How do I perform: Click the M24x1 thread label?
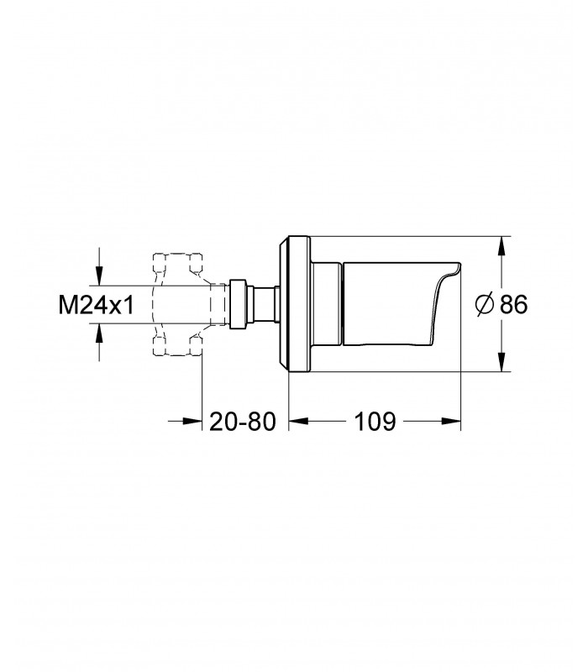click(97, 305)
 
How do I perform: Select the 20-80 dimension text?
click(243, 422)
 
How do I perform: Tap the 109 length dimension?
click(375, 422)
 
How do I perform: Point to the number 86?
click(514, 305)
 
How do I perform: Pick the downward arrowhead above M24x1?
click(99, 276)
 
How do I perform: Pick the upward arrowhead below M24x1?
click(99, 333)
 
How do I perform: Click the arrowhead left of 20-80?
click(192, 422)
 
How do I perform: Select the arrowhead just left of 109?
click(299, 422)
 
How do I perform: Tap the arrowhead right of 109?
click(451, 422)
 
